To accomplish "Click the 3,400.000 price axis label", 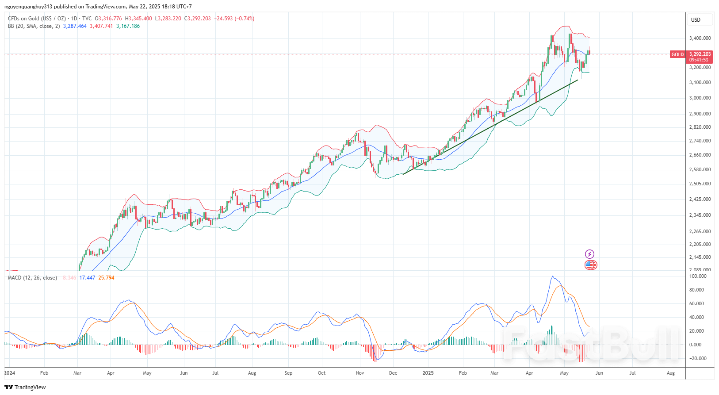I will [700, 38].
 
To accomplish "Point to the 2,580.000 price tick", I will [700, 169].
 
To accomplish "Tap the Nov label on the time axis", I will [360, 373].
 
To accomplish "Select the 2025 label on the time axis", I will [428, 373].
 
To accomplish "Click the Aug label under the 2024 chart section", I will [252, 373].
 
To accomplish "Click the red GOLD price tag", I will [677, 54].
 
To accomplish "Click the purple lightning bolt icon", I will [589, 254].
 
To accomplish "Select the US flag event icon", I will [591, 265].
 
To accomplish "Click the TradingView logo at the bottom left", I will [25, 387].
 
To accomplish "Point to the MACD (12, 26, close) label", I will [32, 278].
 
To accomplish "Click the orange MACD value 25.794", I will [106, 278].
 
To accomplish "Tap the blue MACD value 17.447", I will [87, 278].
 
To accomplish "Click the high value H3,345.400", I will [138, 19].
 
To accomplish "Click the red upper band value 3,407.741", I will [101, 26].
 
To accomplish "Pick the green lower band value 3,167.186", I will [128, 26].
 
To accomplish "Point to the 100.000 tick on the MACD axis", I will [698, 276].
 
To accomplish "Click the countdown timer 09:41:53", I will [699, 60].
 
